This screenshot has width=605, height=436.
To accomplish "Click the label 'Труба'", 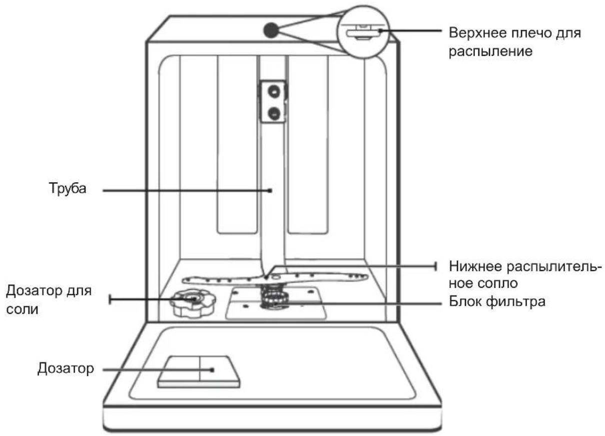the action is point(68,188).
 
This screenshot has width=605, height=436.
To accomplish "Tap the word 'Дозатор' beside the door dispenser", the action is point(66,368).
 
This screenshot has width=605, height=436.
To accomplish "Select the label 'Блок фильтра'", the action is point(497,301).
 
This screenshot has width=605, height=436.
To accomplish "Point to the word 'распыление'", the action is point(490,52).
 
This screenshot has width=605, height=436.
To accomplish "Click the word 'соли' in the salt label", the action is point(22,309).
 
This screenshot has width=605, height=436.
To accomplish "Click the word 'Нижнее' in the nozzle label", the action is point(476,267).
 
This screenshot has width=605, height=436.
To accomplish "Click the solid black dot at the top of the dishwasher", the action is point(271,30).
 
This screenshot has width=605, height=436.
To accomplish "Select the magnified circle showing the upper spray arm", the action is point(363,32).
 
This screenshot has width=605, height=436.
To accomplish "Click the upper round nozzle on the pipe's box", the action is point(274,92).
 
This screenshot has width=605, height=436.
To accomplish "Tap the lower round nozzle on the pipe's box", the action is point(274,114).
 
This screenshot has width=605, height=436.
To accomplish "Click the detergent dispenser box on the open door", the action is point(199,372).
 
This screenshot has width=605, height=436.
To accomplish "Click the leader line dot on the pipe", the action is point(270,191).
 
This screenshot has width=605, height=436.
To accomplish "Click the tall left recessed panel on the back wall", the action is point(237,145).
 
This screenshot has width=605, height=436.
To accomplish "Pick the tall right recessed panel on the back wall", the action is point(308,145).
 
